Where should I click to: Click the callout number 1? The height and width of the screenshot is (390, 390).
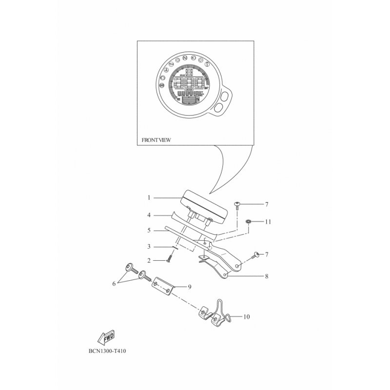point(149,198)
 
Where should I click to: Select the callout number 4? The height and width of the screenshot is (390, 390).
point(149,214)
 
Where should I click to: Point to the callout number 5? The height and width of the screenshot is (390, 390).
point(149,230)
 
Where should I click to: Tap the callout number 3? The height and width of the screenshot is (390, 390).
point(149,246)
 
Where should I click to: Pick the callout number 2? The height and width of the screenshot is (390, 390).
point(149,261)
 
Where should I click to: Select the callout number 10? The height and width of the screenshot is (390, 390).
point(246,317)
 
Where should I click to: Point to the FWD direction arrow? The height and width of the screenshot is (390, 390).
point(107,337)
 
